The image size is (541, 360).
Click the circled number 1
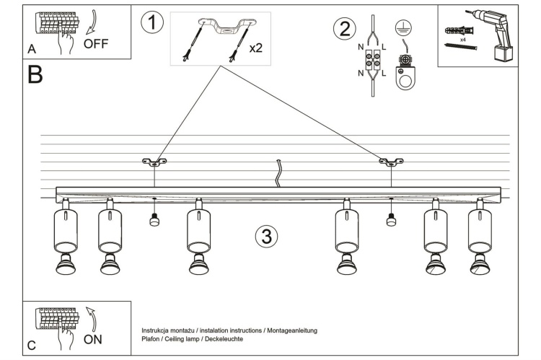(x=151, y=22)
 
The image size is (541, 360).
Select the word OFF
(x=96, y=43)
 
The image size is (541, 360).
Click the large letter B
(x=35, y=74)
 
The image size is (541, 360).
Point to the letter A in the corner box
(x=32, y=49)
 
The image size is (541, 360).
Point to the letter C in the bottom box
(x=32, y=346)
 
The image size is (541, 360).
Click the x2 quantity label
(x=255, y=48)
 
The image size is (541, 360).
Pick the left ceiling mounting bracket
(x=154, y=162)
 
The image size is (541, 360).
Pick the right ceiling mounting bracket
(x=391, y=162)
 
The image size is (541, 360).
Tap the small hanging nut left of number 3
(x=154, y=221)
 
